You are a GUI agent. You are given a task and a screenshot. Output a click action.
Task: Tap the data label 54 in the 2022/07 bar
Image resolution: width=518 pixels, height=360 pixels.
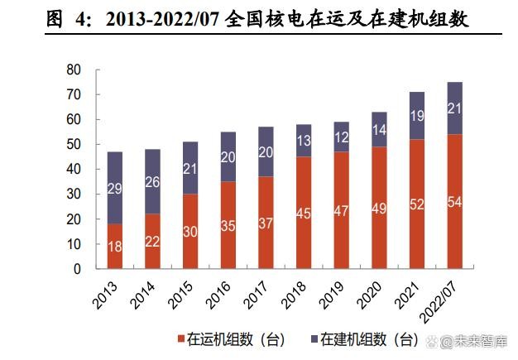pyautogui.click(x=454, y=202)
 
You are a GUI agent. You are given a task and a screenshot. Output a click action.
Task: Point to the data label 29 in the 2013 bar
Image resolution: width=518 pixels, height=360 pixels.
pyautogui.click(x=115, y=188)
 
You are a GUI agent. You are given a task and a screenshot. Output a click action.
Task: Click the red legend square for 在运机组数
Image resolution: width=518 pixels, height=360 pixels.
pyautogui.click(x=180, y=340)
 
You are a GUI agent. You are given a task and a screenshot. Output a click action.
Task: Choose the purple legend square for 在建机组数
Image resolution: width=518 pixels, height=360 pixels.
pyautogui.click(x=314, y=340)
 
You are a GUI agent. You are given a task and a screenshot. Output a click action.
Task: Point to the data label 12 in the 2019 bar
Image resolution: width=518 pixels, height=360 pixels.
pyautogui.click(x=341, y=137)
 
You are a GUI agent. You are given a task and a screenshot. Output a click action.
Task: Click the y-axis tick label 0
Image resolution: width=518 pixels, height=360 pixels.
pyautogui.click(x=75, y=269)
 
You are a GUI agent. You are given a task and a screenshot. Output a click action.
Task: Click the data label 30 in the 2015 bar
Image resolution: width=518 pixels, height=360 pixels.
pyautogui.click(x=190, y=233)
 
